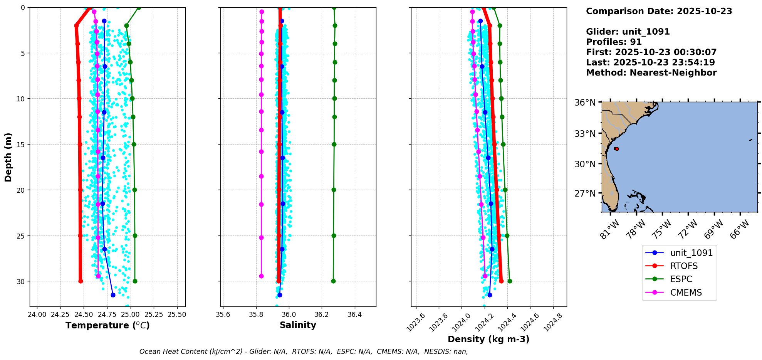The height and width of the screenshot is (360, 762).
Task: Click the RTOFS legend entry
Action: [x=684, y=266]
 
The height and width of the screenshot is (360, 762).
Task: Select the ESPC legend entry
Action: [x=681, y=279]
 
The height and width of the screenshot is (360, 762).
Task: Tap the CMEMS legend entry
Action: [x=686, y=293]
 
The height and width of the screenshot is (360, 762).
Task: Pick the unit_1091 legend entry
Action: [x=691, y=253]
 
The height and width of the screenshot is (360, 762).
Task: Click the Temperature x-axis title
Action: [x=107, y=325]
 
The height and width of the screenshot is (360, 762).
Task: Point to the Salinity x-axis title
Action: [x=298, y=325]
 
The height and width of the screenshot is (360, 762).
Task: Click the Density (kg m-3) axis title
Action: [x=488, y=339]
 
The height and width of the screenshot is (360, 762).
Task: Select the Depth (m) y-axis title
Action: [x=8, y=157]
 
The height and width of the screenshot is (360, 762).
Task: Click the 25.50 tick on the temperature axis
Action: [x=177, y=315]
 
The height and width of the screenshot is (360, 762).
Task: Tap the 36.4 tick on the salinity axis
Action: [x=354, y=315]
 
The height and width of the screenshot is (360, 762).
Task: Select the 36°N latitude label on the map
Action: [x=585, y=103]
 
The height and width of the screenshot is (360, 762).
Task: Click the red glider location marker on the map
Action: [x=616, y=149]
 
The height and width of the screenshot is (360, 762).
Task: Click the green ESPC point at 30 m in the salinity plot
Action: [x=333, y=281]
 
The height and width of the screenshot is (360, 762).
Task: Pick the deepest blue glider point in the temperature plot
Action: [x=113, y=295]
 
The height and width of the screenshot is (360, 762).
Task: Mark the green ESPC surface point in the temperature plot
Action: [x=139, y=7]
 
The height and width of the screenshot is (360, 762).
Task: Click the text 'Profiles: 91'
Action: [x=614, y=42]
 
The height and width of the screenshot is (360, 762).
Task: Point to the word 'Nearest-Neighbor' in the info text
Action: [x=673, y=73]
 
